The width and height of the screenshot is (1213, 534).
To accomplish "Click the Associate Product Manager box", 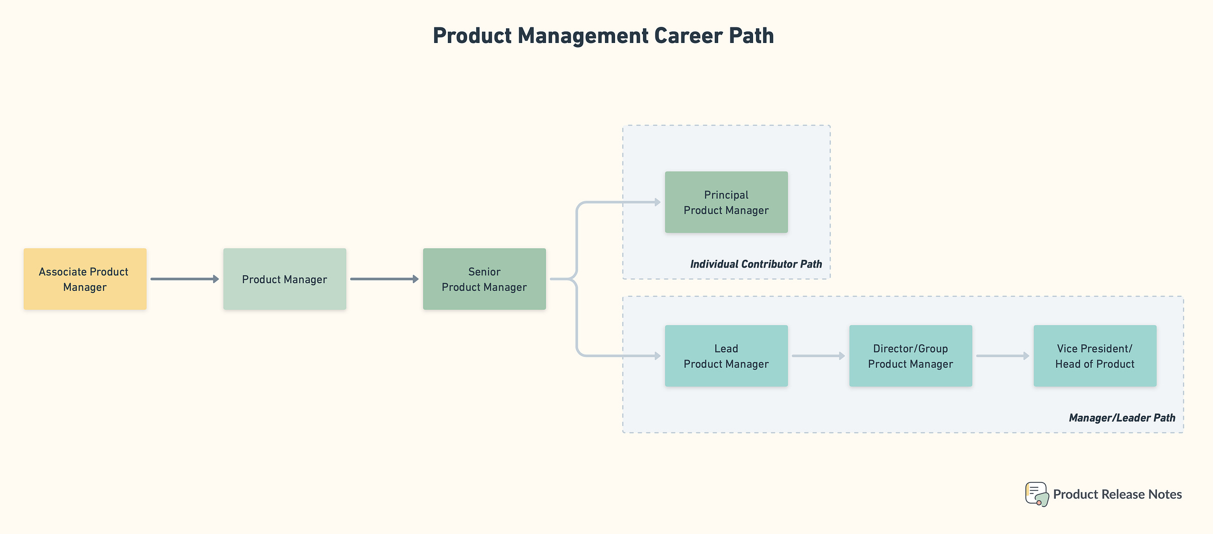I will [x=85, y=279].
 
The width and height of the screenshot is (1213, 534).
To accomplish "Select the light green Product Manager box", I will [x=285, y=279].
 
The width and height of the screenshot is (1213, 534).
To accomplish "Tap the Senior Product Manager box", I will [x=484, y=279].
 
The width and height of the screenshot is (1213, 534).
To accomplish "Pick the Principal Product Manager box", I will [x=726, y=202].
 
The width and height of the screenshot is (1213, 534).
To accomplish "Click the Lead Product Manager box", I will [x=726, y=356].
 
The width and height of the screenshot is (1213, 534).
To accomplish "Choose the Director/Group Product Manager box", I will [x=910, y=356].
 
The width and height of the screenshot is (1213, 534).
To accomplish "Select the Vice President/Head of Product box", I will [x=1095, y=356].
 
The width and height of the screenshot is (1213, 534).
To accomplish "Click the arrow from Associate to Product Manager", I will [x=184, y=279].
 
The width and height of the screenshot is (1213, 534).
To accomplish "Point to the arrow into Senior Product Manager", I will [x=384, y=279].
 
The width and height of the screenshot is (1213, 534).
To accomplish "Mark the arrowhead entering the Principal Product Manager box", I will [x=658, y=202].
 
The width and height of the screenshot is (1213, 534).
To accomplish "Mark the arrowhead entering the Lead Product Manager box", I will [x=658, y=356].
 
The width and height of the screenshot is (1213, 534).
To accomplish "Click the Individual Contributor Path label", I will [x=756, y=264].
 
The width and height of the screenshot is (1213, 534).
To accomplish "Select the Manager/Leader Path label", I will [x=1122, y=418].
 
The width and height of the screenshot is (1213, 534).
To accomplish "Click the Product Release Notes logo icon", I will [x=1037, y=494].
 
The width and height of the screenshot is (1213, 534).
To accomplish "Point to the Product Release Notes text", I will [x=1117, y=495].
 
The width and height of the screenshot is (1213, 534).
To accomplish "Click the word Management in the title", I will [x=583, y=36].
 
